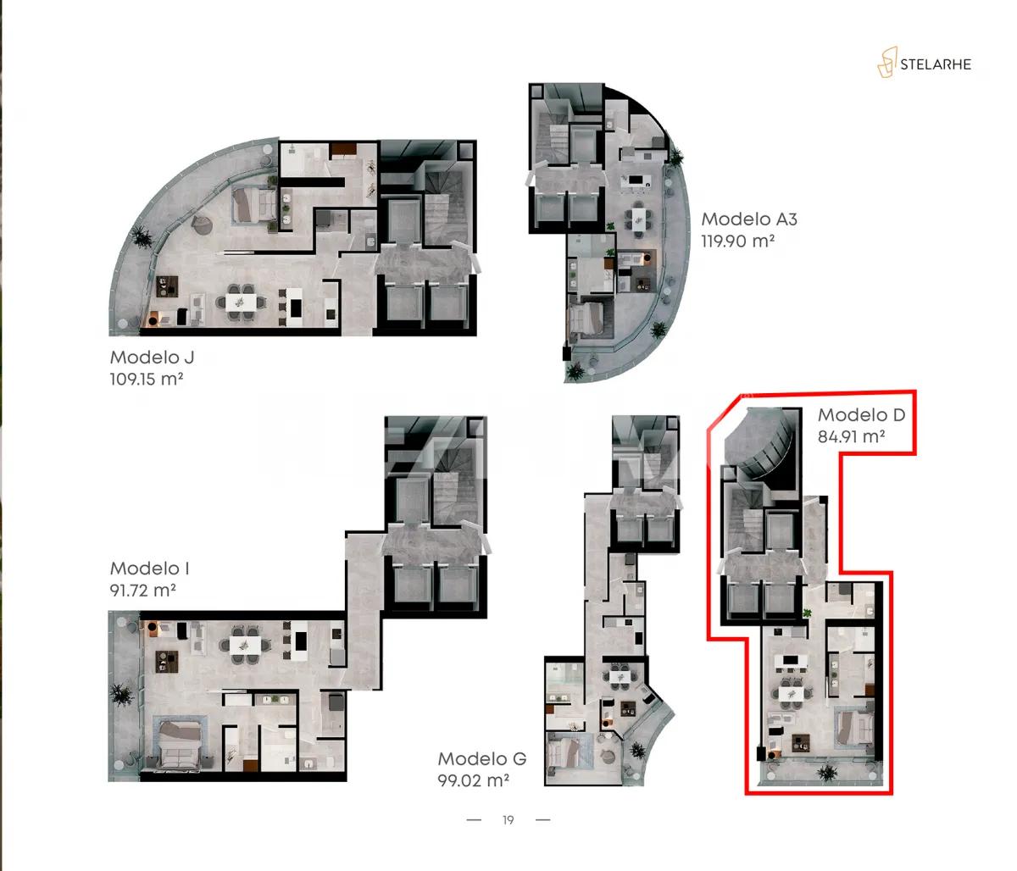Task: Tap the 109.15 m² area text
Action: [147, 379]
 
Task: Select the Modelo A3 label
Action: [749, 219]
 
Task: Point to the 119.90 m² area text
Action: [738, 241]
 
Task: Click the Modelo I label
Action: [148, 569]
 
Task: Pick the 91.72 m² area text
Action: [142, 590]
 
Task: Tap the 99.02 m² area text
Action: [473, 780]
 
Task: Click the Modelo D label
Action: [861, 415]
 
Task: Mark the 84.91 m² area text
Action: [852, 437]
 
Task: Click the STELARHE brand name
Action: [936, 64]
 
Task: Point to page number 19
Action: [508, 820]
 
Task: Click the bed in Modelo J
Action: [253, 204]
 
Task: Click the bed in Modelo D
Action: [853, 727]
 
